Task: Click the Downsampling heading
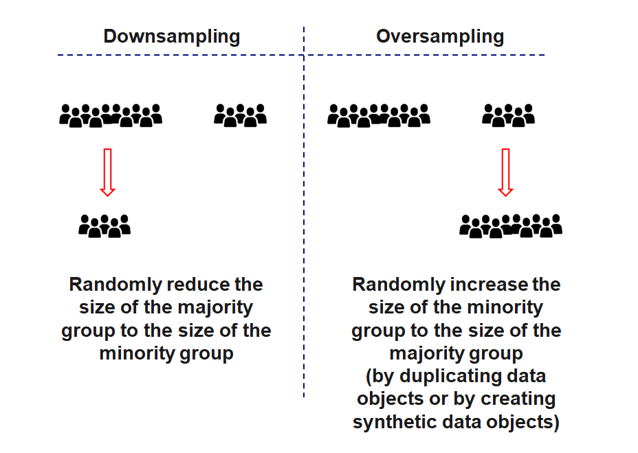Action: pos(172,36)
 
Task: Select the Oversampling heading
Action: pos(440,36)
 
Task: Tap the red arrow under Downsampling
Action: pos(107,171)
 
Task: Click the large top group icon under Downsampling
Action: pos(111,115)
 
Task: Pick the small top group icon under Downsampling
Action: pos(240,115)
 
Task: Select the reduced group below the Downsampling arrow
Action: pos(104,225)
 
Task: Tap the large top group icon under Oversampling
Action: pos(379,115)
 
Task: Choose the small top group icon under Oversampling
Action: pos(509,115)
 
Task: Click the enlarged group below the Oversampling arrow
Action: pos(511,225)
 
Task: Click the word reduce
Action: pos(192,285)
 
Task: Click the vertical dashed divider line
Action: pos(304,206)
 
